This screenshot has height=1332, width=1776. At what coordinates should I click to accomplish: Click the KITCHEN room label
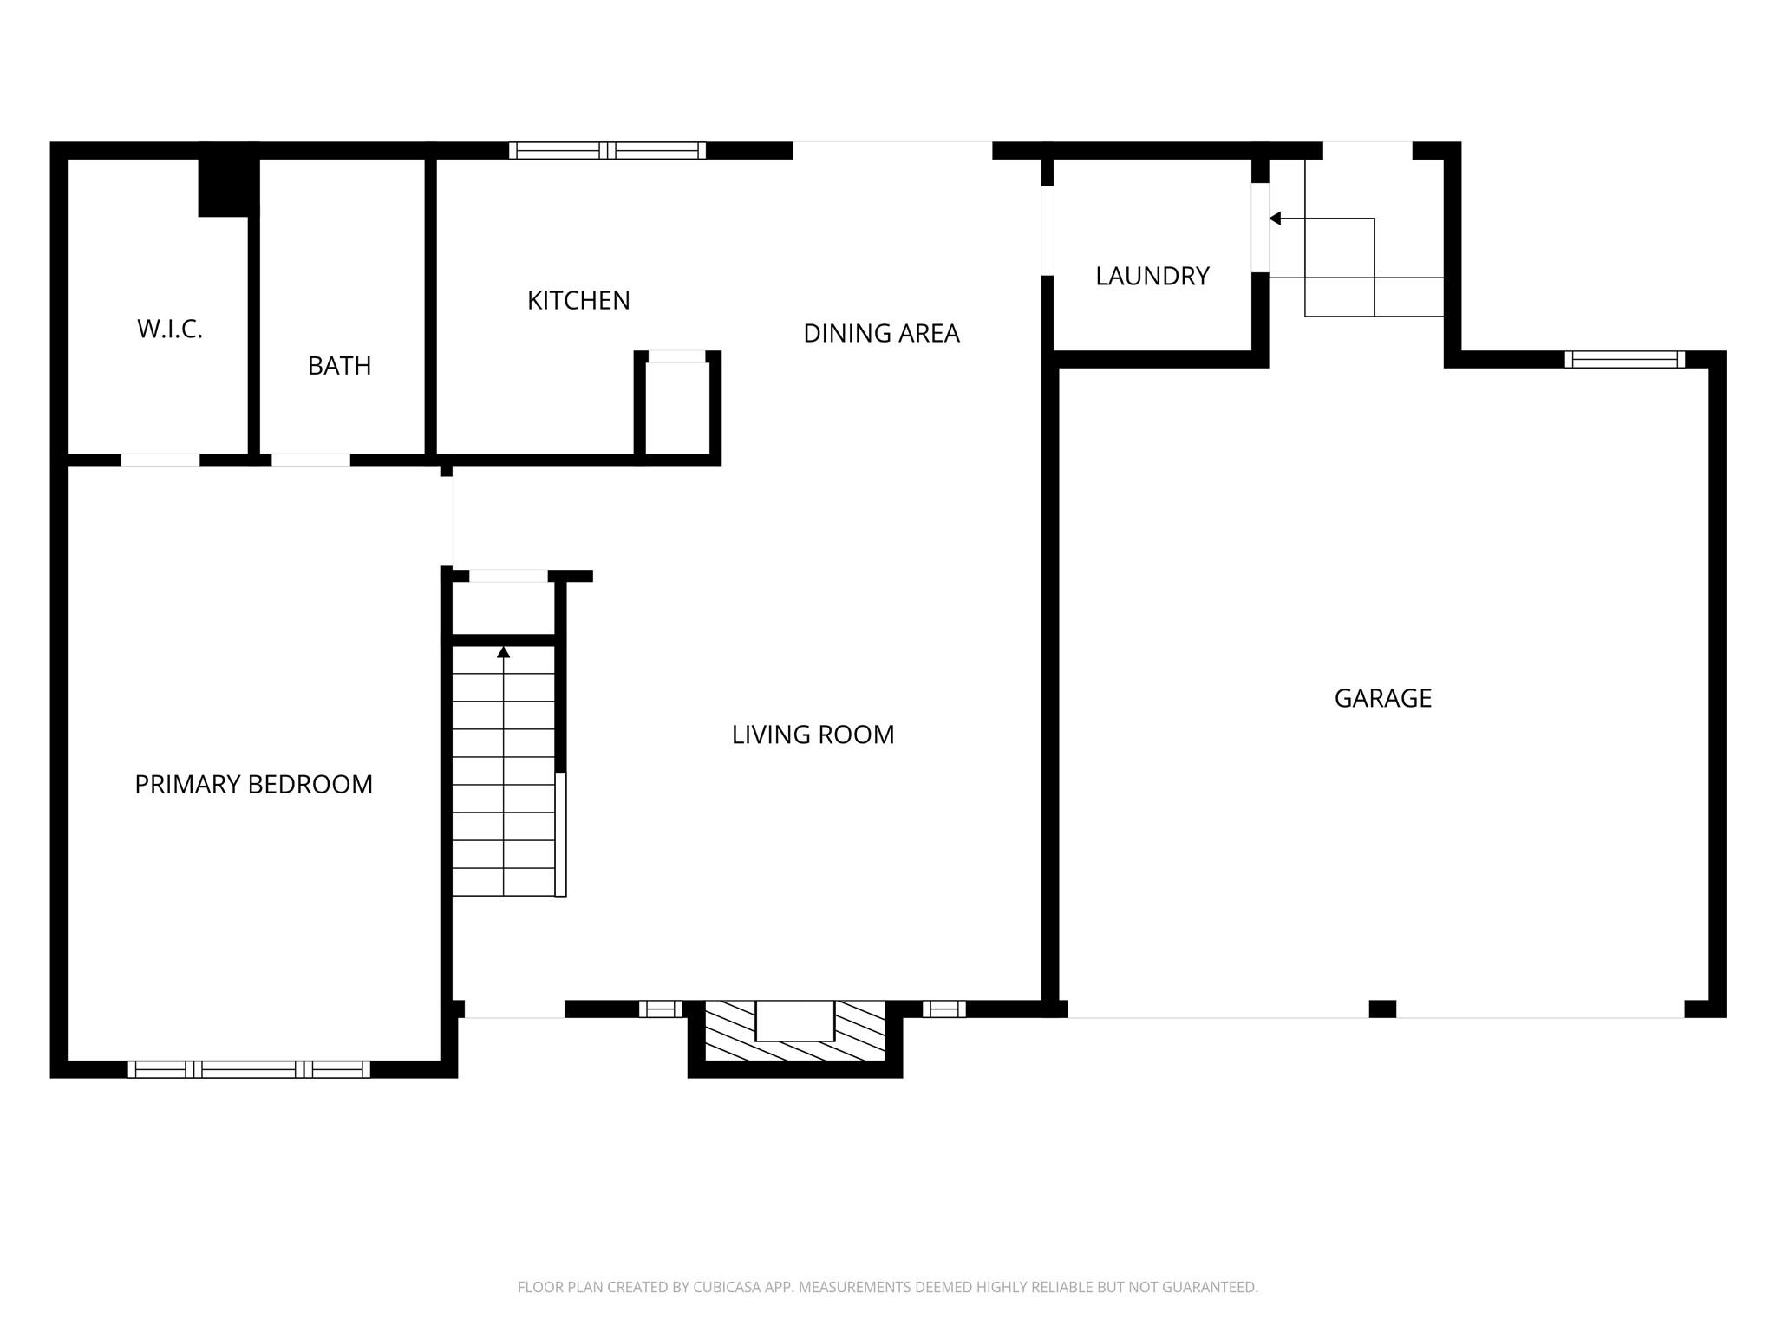tap(578, 301)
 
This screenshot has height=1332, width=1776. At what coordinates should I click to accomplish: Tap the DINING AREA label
tap(881, 334)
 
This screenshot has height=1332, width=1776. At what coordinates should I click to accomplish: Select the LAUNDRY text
tap(1152, 277)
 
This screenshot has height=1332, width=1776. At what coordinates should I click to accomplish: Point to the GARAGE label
tap(1382, 699)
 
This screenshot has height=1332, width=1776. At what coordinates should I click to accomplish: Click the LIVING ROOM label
tap(813, 735)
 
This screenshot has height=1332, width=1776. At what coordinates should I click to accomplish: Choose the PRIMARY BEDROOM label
tap(253, 785)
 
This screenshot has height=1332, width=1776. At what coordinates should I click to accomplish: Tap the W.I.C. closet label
tap(170, 330)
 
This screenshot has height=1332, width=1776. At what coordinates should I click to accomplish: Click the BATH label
tap(339, 366)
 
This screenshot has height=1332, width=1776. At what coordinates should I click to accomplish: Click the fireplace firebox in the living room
tap(794, 1021)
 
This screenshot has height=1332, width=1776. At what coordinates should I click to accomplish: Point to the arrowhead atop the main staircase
tap(503, 652)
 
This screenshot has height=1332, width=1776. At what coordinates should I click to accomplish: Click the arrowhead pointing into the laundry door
tap(1275, 219)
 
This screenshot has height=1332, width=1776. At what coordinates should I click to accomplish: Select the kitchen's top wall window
tap(607, 151)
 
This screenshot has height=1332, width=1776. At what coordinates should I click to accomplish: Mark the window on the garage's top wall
tap(1624, 360)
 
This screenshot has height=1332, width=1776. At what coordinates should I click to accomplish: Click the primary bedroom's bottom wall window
tap(249, 1069)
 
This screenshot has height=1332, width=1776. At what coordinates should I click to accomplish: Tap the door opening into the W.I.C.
tap(160, 460)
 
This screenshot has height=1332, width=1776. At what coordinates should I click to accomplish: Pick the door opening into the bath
tap(310, 460)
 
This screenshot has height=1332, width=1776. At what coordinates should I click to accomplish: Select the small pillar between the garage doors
tap(1382, 1009)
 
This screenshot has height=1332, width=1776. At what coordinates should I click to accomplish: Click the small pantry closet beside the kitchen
tap(677, 408)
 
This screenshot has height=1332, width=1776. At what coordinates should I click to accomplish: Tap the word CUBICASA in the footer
tap(726, 1288)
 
